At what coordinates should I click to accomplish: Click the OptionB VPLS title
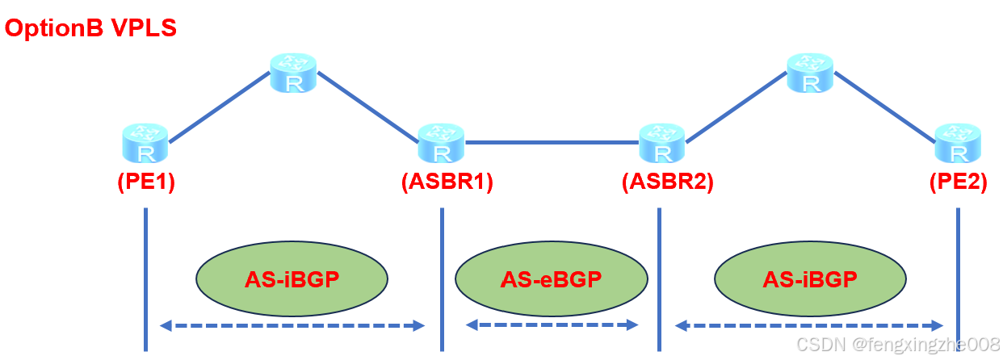(90, 28)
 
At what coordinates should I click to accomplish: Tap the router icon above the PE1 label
(145, 144)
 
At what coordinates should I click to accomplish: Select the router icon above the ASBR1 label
(441, 144)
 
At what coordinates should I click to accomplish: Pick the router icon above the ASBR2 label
(661, 144)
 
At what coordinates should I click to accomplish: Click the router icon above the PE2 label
(958, 144)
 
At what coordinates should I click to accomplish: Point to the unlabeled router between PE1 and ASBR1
(294, 73)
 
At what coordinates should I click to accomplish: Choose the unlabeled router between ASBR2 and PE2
(810, 73)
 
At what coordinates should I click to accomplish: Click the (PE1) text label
(145, 182)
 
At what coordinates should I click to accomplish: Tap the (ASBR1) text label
(447, 182)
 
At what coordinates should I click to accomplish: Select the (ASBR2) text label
(667, 182)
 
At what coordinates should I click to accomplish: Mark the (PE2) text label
(958, 182)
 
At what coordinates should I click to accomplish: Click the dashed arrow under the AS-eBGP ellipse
(552, 324)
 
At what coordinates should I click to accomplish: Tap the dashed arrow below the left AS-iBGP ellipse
(292, 326)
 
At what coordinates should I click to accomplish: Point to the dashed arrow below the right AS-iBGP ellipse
(810, 326)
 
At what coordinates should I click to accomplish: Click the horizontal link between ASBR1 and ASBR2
(552, 143)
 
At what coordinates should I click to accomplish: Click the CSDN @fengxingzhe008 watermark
(898, 345)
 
